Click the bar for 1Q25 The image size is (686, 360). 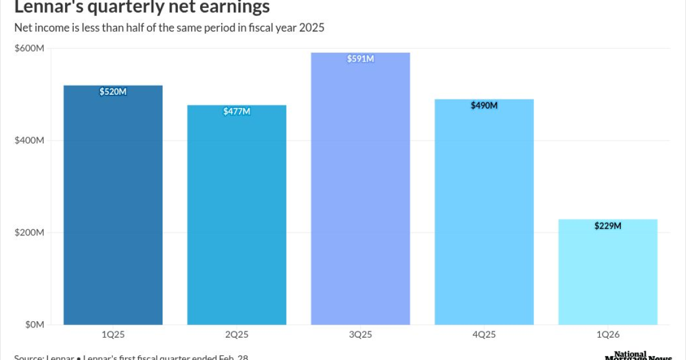(x=113, y=206)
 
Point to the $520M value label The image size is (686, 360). (x=113, y=91)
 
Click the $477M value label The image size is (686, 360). (x=237, y=111)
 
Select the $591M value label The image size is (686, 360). (x=361, y=59)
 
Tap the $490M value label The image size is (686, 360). (x=484, y=106)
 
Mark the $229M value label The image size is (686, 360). (x=608, y=226)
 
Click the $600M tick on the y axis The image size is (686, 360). (x=29, y=49)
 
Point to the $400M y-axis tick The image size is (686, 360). (x=29, y=141)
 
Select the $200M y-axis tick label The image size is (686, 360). (x=29, y=233)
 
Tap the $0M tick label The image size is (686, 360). (x=33, y=325)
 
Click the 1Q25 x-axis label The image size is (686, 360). (x=113, y=334)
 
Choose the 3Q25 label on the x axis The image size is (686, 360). (x=361, y=334)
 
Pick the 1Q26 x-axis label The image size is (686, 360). (x=608, y=334)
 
